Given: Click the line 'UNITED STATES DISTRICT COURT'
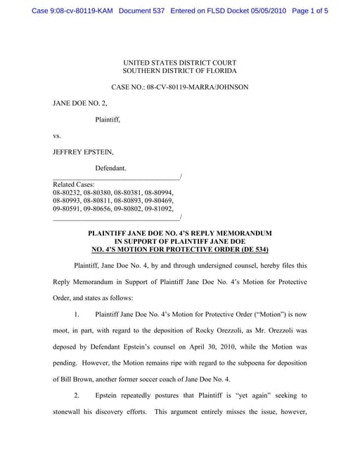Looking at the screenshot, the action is click(179, 63).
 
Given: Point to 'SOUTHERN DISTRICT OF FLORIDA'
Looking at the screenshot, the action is click(179, 71).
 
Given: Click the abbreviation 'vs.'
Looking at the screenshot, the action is click(57, 136).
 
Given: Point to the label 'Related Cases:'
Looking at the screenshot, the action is click(73, 183).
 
